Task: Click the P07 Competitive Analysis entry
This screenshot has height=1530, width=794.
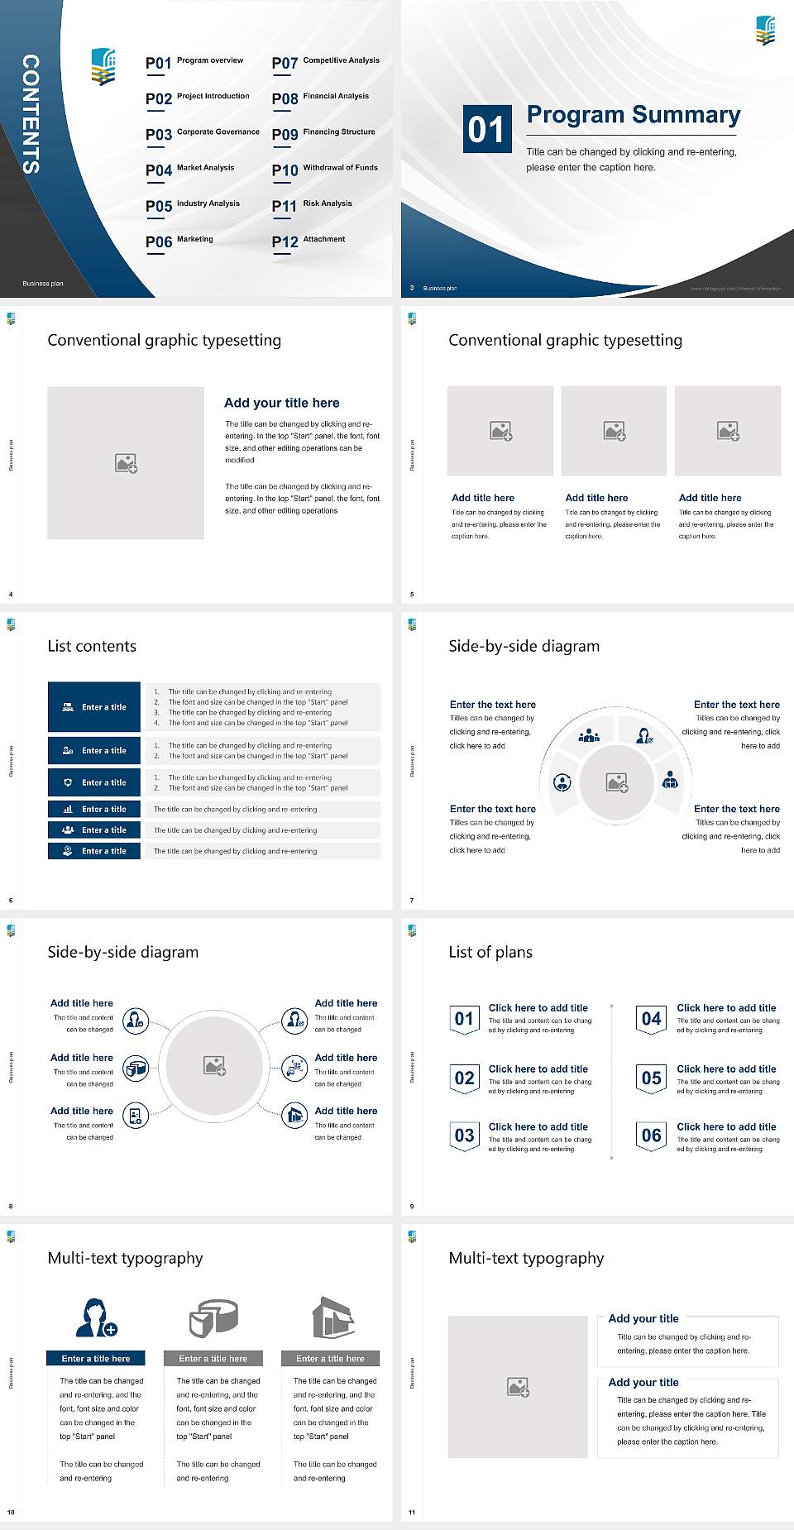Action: [325, 62]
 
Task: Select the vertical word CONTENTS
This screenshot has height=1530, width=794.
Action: [30, 114]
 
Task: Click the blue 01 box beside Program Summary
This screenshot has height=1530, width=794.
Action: [486, 129]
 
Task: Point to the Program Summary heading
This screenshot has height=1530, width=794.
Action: [633, 115]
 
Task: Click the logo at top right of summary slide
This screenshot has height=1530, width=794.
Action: [765, 31]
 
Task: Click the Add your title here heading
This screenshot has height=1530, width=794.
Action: [281, 403]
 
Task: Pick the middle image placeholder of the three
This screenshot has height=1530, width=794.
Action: [614, 431]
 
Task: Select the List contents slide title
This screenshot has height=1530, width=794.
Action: [92, 646]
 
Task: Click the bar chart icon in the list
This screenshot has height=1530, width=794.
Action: [68, 810]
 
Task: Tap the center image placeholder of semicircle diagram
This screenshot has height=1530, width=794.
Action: [616, 782]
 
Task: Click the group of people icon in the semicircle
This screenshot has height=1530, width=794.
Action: [589, 735]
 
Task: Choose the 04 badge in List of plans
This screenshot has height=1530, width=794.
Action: [652, 1019]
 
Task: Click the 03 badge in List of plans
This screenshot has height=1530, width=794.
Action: [464, 1136]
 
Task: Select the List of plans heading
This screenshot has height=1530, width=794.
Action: [490, 952]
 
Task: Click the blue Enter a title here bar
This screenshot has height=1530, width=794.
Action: [95, 1358]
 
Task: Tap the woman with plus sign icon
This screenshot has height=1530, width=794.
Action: [95, 1317]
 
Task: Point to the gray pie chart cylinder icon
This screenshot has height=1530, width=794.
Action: [213, 1317]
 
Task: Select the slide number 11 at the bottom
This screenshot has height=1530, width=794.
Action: [412, 1513]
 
